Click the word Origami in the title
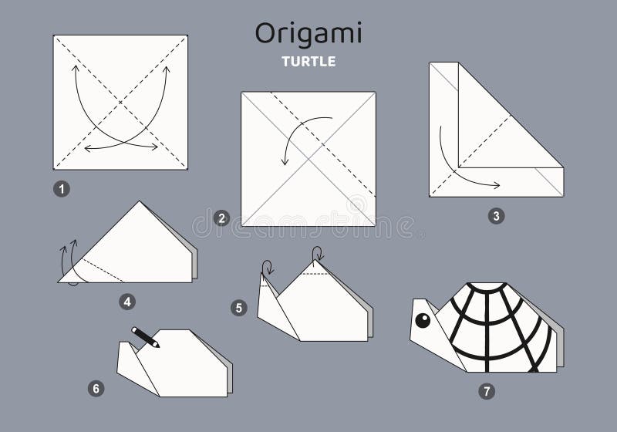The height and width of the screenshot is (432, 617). (308, 34)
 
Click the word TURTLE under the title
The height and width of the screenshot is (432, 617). (308, 62)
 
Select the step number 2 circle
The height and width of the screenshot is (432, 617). (222, 218)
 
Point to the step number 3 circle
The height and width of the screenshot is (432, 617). (496, 216)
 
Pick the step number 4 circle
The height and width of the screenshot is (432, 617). (127, 302)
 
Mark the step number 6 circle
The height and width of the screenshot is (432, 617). (96, 388)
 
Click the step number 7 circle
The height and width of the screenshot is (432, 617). (485, 391)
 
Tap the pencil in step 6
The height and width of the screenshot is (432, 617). (145, 337)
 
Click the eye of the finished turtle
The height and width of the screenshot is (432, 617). (423, 320)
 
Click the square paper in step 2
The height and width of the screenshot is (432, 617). (308, 158)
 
